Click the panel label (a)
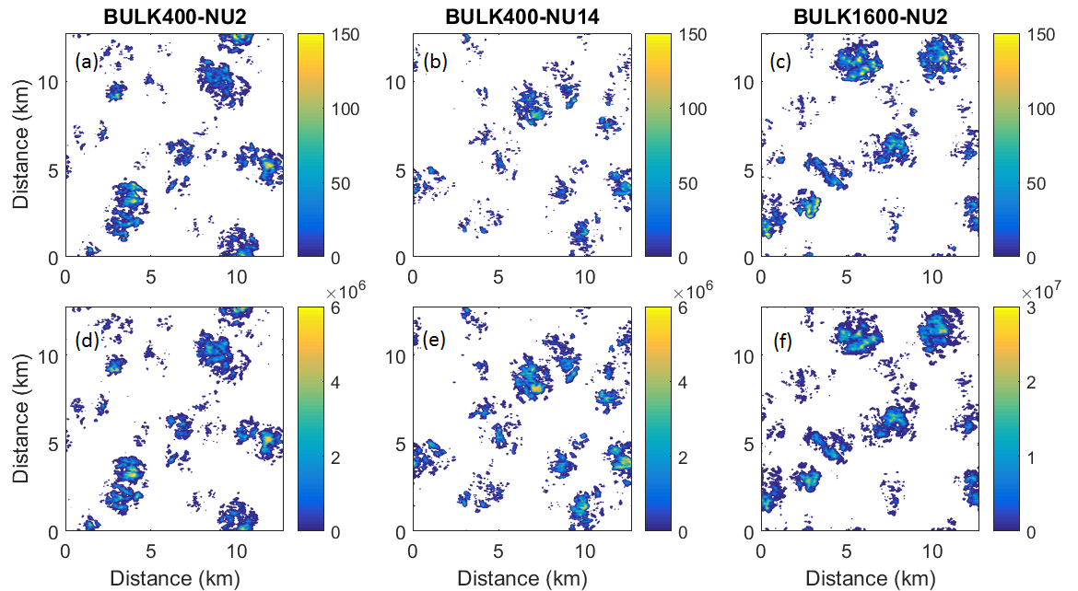point(87,63)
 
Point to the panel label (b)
point(434,63)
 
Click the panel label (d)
point(87,338)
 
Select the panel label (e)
point(434,338)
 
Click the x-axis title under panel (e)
point(521,578)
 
